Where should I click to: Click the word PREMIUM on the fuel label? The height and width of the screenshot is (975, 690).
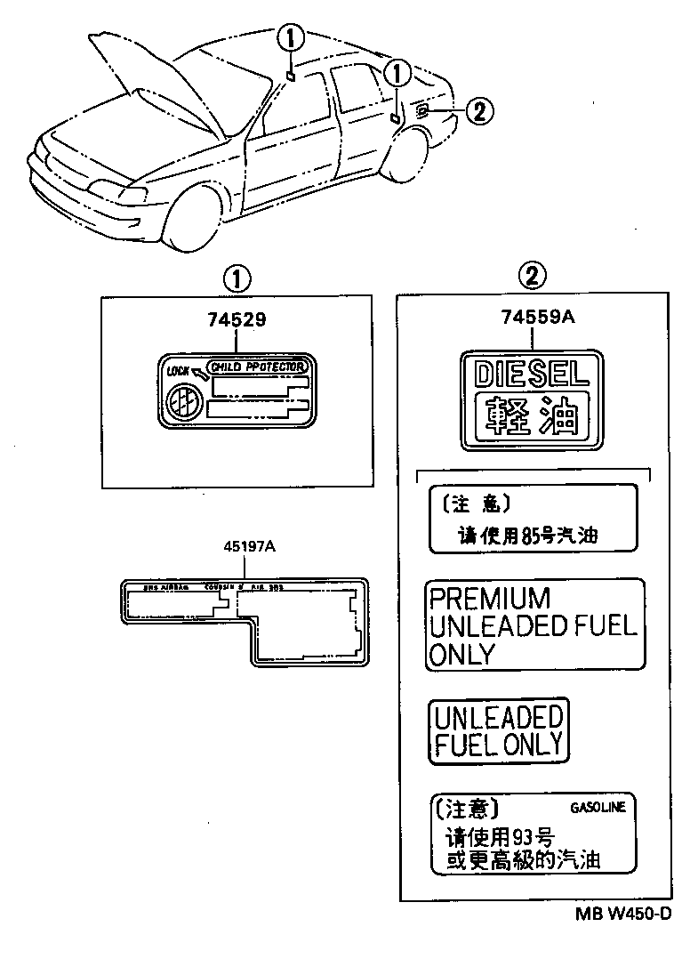(490, 598)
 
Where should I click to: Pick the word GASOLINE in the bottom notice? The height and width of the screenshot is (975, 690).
(598, 808)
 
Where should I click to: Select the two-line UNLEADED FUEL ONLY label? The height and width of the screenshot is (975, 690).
(499, 730)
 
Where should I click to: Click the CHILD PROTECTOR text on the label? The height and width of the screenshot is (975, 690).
(258, 367)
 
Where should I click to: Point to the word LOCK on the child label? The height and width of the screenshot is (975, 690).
(179, 370)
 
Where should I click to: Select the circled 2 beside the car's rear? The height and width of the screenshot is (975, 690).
(477, 111)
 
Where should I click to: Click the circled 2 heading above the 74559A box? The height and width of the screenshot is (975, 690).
(531, 278)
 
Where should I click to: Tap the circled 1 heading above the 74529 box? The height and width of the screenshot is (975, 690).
(236, 278)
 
